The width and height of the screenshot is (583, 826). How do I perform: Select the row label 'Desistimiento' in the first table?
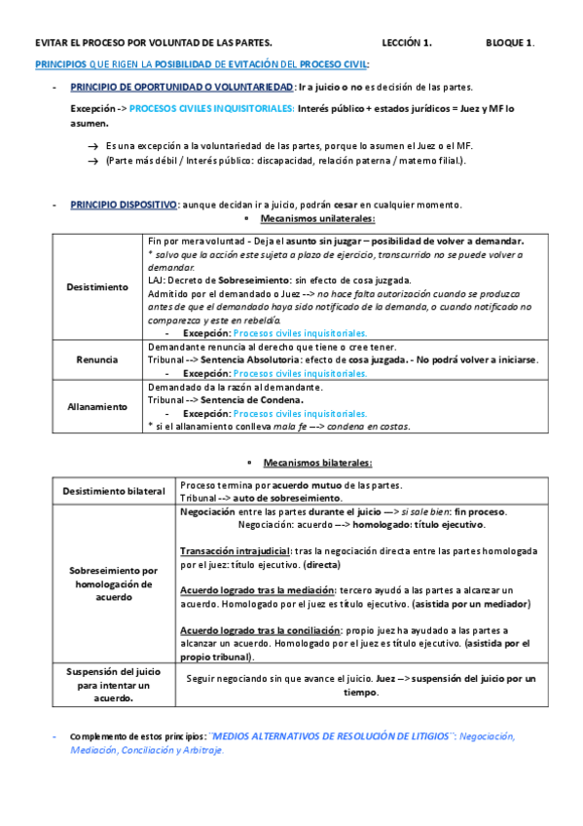click(96, 287)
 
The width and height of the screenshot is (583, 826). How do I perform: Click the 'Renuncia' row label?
click(96, 359)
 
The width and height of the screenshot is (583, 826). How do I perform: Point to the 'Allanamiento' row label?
click(96, 405)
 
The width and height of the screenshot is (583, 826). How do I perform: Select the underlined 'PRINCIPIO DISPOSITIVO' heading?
click(123, 205)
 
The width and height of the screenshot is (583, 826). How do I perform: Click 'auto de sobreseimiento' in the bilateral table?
click(278, 498)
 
